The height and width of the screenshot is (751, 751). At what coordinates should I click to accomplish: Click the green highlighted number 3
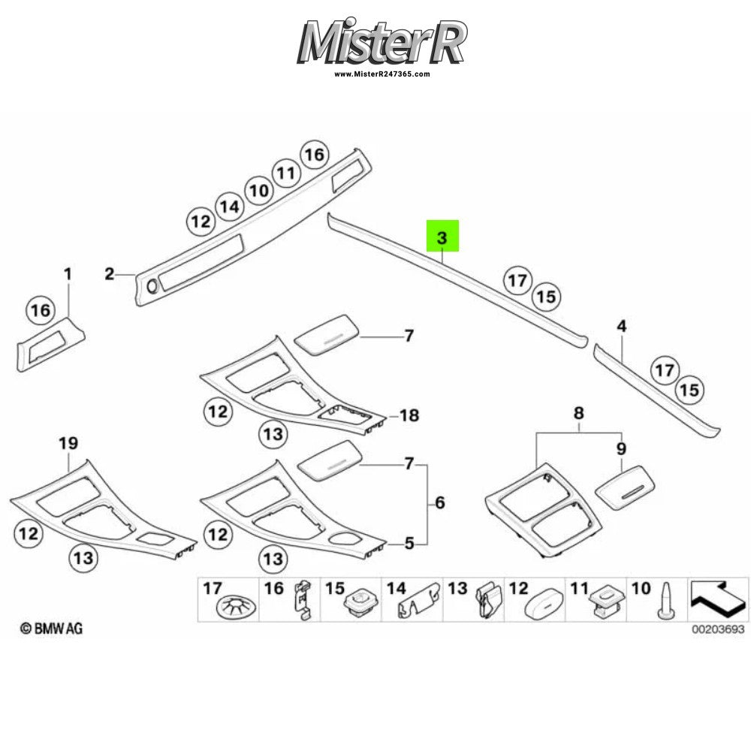point(442,236)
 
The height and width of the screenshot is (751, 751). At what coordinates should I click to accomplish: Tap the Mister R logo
point(382,42)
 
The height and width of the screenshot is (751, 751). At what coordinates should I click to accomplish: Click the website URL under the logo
point(382,74)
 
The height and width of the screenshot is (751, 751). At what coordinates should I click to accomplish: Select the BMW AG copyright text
point(51,629)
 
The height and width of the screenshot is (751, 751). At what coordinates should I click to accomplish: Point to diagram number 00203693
point(718,629)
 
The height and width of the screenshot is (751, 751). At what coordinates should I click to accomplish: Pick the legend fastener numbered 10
point(663,602)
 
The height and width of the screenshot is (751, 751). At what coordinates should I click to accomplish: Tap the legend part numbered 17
point(237,608)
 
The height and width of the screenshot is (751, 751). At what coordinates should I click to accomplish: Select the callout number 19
point(68,443)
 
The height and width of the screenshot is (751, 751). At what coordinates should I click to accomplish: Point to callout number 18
point(409,415)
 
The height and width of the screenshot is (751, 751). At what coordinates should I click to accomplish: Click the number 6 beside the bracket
point(439,502)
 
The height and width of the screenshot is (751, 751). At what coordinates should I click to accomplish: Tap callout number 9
point(621,449)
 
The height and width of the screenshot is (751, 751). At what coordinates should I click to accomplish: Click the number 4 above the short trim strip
point(621,326)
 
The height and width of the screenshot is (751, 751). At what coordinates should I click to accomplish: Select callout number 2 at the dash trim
point(110,274)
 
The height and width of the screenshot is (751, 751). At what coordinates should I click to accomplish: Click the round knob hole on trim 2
point(152,286)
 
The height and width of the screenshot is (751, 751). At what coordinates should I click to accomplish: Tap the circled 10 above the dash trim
point(259,191)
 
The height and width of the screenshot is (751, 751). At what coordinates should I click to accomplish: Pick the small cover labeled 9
point(625,488)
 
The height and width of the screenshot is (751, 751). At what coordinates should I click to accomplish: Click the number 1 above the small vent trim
point(68,274)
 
